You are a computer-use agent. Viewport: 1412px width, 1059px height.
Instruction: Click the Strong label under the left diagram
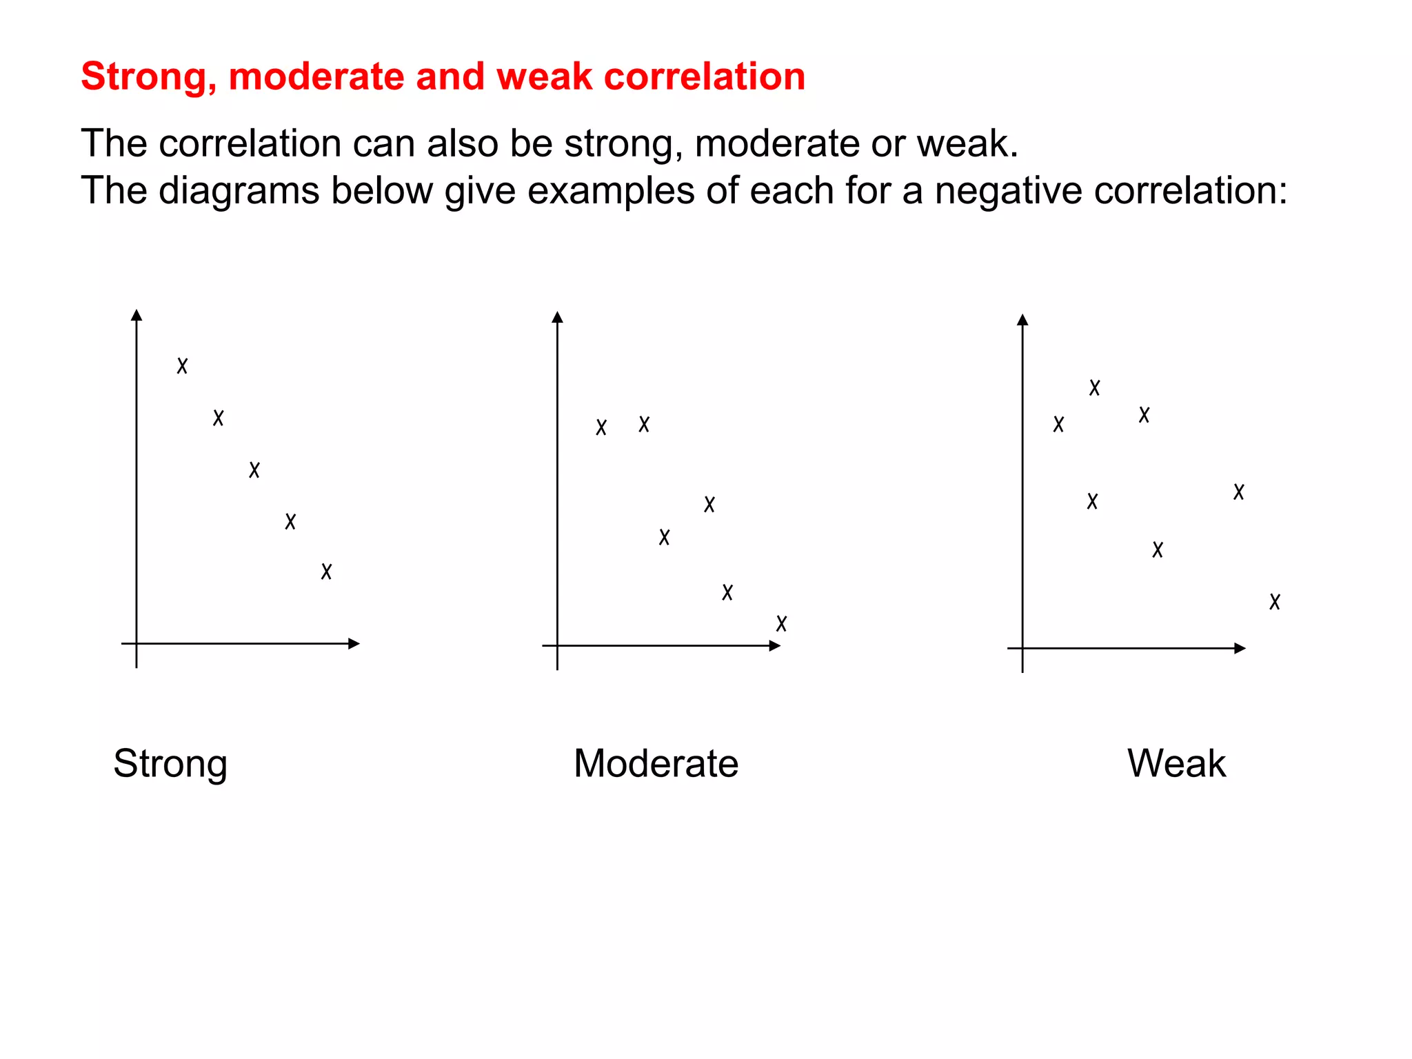pos(170,764)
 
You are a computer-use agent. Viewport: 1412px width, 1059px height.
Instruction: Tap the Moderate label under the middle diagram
pos(656,763)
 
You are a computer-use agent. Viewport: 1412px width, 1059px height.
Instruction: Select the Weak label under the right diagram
pos(1176,763)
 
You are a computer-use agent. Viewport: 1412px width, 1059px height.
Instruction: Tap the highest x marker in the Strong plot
pos(182,365)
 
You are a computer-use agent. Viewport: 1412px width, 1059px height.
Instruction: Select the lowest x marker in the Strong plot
pos(326,572)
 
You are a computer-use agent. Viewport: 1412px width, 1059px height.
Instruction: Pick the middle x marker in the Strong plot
pos(254,470)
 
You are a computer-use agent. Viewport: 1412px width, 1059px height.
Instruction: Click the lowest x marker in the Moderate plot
pos(781,624)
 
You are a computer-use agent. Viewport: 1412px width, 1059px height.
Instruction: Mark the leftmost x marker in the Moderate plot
pos(601,427)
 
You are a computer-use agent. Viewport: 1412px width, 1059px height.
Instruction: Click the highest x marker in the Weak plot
pos(1094,388)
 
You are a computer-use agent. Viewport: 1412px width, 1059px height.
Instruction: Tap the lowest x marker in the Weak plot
pos(1275,602)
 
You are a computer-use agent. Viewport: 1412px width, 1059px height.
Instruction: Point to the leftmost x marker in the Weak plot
pos(1058,424)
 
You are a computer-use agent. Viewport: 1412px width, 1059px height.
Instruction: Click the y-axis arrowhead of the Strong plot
pos(137,315)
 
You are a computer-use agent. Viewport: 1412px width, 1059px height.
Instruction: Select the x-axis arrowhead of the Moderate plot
pos(775,646)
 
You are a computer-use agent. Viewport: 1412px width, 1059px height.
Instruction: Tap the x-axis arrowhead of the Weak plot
pos(1240,648)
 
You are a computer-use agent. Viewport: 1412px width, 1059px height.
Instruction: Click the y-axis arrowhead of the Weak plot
pos(1022,320)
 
